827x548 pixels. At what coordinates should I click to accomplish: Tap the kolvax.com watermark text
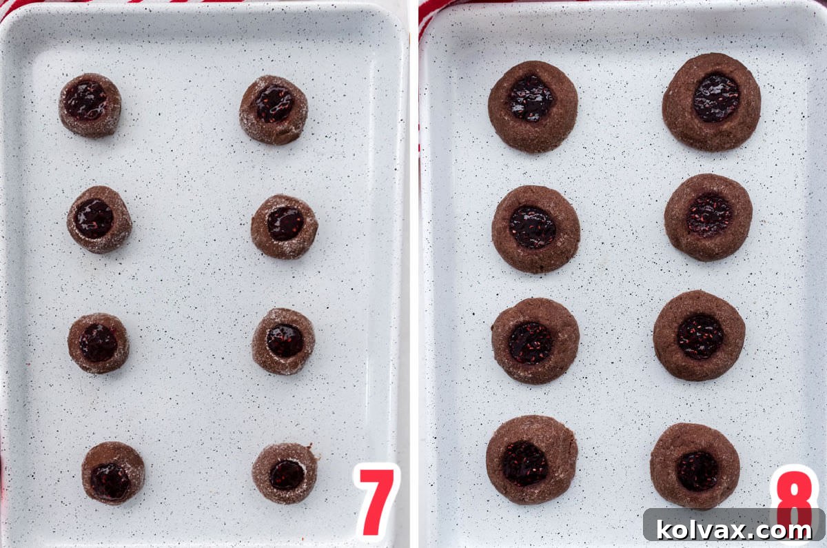[734, 529]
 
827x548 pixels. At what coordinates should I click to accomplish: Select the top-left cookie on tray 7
[90, 105]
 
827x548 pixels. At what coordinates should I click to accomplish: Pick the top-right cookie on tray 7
[274, 109]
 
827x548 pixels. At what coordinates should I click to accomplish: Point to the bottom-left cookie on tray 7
[113, 472]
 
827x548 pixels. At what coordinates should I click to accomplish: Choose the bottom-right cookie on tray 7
[285, 473]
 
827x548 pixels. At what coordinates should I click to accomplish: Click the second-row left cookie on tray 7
[99, 219]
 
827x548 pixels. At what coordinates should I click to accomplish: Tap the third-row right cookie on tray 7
[283, 341]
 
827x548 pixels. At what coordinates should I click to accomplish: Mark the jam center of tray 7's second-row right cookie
[285, 223]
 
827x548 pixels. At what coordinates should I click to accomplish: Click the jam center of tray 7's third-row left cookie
[98, 343]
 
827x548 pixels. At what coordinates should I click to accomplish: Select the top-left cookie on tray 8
[533, 106]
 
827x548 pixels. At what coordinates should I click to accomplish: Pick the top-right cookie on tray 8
[711, 101]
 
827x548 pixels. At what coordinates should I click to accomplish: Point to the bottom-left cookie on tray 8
[531, 459]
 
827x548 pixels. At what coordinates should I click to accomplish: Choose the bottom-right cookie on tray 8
[695, 465]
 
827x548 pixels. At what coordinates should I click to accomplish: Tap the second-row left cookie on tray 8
[535, 229]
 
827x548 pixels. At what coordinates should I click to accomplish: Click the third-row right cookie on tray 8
[699, 335]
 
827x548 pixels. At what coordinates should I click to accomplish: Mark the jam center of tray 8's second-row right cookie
[709, 214]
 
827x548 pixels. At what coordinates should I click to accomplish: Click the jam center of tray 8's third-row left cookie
[531, 343]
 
